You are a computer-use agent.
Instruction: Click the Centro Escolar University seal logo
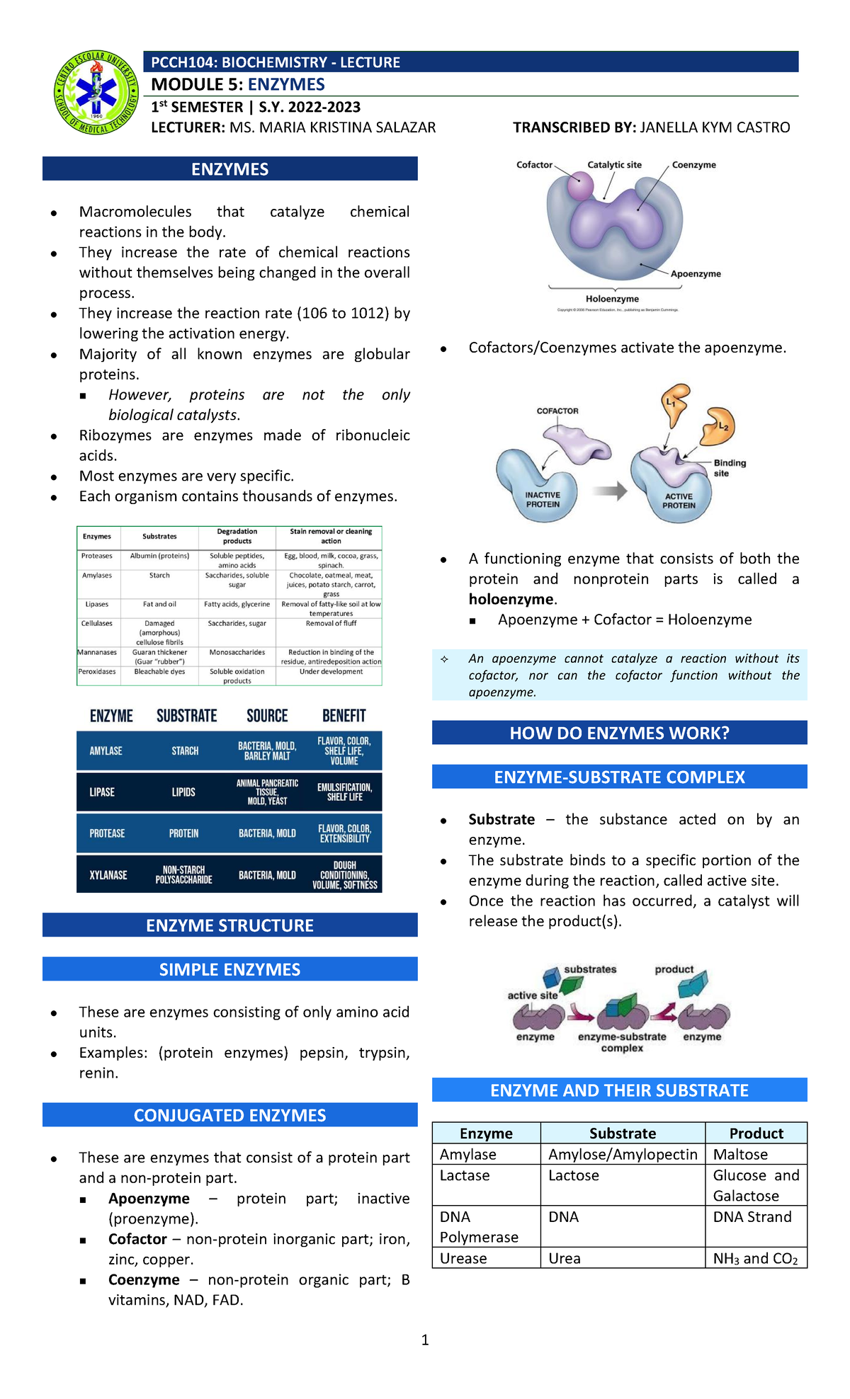pyautogui.click(x=96, y=93)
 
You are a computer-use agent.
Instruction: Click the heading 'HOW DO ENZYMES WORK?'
pyautogui.click(x=619, y=733)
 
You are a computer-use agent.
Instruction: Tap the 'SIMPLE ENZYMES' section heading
pyautogui.click(x=229, y=969)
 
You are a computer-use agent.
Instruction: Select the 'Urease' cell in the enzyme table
pyautogui.click(x=463, y=1258)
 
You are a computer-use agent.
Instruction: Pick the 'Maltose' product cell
pyautogui.click(x=740, y=1154)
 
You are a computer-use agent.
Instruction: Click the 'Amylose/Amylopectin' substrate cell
pyautogui.click(x=623, y=1154)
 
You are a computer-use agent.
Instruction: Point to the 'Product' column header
pyautogui.click(x=756, y=1133)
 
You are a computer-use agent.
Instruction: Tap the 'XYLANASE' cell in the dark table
pyautogui.click(x=108, y=875)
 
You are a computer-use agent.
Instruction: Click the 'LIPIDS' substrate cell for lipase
pyautogui.click(x=183, y=792)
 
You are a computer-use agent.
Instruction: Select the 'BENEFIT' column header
pyautogui.click(x=344, y=716)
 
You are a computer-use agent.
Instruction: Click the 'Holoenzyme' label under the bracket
pyautogui.click(x=612, y=299)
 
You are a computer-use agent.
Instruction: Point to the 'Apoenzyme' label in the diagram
pyautogui.click(x=696, y=274)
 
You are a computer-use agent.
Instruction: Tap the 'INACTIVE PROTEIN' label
pyautogui.click(x=543, y=500)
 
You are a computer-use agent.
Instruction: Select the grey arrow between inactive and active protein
pyautogui.click(x=610, y=491)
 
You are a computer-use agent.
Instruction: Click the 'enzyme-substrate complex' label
pyautogui.click(x=622, y=1042)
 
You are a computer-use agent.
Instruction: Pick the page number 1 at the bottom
pyautogui.click(x=425, y=1340)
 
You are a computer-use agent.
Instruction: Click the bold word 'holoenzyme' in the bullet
pyautogui.click(x=511, y=599)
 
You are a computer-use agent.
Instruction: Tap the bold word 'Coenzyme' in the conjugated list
pyautogui.click(x=144, y=1279)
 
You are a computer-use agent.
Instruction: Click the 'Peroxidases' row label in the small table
pyautogui.click(x=98, y=671)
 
